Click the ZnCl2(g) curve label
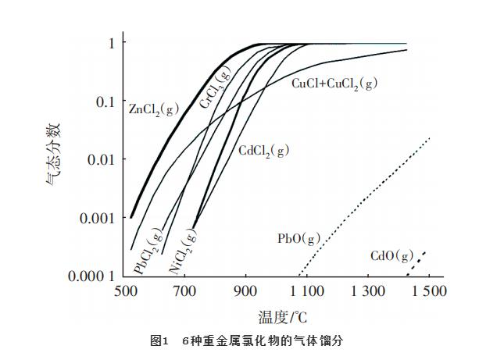point(154,109)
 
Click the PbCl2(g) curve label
point(148,251)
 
